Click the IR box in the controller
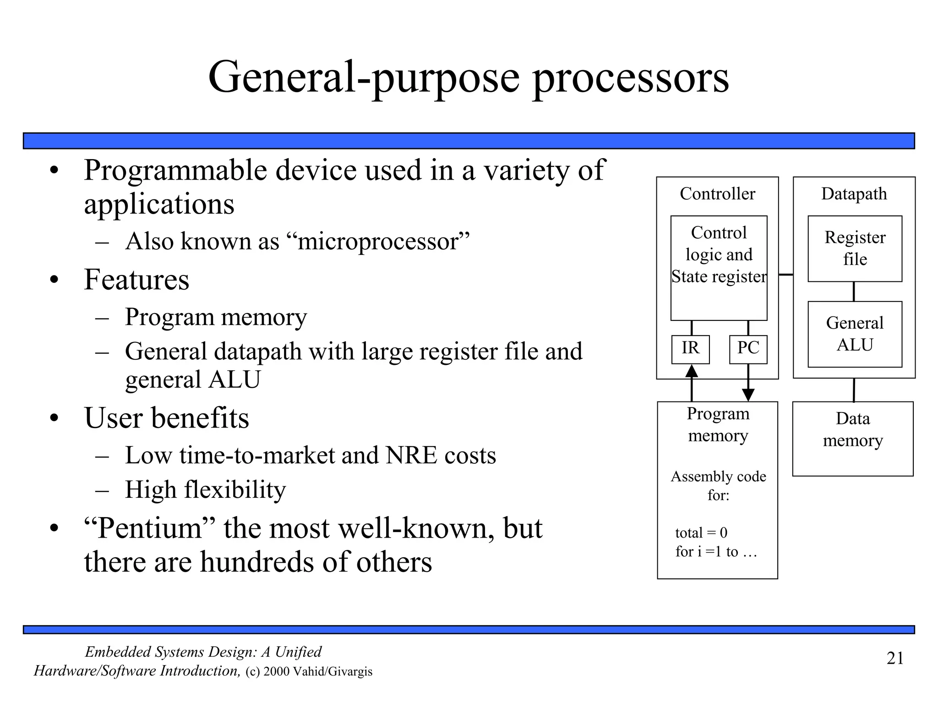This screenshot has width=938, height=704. pyautogui.click(x=690, y=349)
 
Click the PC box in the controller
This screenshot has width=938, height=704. pyautogui.click(x=748, y=349)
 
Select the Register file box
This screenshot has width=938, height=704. pyautogui.click(x=855, y=248)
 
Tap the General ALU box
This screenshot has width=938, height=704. pyautogui.click(x=855, y=334)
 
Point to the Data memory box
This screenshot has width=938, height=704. pyautogui.click(x=852, y=439)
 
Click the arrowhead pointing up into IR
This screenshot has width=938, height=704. pyautogui.click(x=691, y=371)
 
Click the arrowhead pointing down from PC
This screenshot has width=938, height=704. pyautogui.click(x=748, y=395)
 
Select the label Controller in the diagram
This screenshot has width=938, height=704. pyautogui.click(x=717, y=194)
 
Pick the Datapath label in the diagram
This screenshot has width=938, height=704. pyautogui.click(x=854, y=194)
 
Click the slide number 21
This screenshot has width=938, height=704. pyautogui.click(x=895, y=658)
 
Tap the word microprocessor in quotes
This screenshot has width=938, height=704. pyautogui.click(x=377, y=241)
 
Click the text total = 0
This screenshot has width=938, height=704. pyautogui.click(x=701, y=533)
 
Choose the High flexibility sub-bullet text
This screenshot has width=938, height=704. pyautogui.click(x=205, y=489)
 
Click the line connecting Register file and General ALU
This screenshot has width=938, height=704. pyautogui.click(x=854, y=291)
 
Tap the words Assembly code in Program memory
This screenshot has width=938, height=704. pyautogui.click(x=718, y=477)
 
